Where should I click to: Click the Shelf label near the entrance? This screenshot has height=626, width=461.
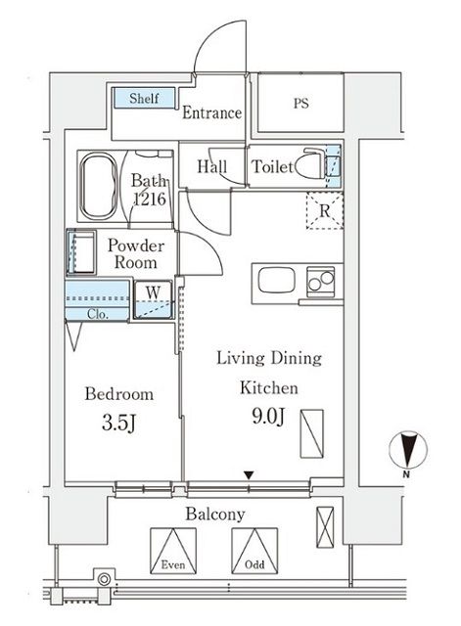pyautogui.click(x=145, y=99)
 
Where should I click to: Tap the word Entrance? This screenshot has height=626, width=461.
pyautogui.click(x=212, y=112)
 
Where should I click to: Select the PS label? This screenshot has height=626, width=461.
pyautogui.click(x=299, y=103)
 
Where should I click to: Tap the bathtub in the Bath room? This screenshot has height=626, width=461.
pyautogui.click(x=97, y=185)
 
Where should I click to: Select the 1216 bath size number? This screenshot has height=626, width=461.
pyautogui.click(x=149, y=199)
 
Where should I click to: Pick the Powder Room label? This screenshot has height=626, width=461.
pyautogui.click(x=135, y=254)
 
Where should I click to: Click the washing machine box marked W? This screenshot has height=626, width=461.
pyautogui.click(x=154, y=292)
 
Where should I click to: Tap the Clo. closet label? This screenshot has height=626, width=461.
pyautogui.click(x=97, y=314)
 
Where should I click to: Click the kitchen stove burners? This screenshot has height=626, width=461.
pyautogui.click(x=321, y=282)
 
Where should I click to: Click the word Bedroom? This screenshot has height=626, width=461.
pyautogui.click(x=119, y=395)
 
